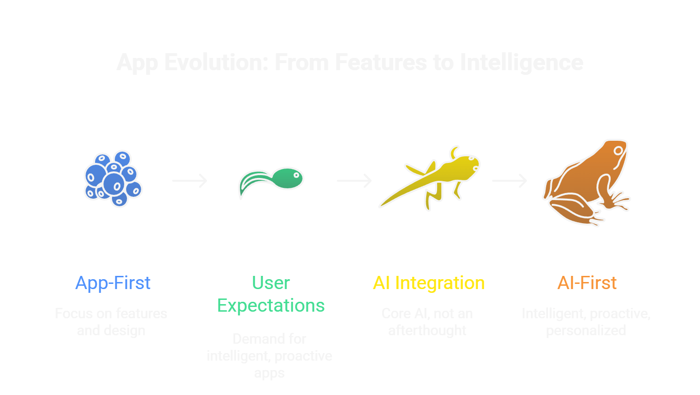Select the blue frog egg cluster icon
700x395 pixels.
click(113, 179)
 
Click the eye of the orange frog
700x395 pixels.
click(619, 151)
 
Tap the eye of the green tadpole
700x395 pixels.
click(297, 176)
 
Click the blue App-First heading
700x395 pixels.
click(113, 283)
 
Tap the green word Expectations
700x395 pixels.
click(271, 306)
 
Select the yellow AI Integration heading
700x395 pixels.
click(429, 283)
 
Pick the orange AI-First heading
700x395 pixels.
click(587, 283)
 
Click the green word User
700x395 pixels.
click(271, 283)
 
